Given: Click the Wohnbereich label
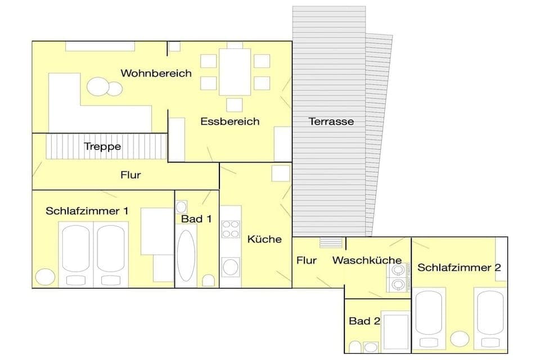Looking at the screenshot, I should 156,73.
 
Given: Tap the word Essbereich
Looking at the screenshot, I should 230,121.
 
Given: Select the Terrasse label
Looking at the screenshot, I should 331,121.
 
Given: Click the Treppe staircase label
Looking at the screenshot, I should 102,146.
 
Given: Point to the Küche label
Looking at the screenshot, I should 264,239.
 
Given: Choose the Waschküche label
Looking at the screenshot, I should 367,260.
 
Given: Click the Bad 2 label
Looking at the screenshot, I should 364,321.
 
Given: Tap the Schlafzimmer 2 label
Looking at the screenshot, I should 458,268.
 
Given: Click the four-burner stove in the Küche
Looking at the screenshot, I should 231,230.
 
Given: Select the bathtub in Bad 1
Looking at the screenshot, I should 186,255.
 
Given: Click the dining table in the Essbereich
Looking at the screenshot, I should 235,72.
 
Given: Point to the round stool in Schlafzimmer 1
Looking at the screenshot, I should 43,277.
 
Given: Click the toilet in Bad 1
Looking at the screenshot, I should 209,280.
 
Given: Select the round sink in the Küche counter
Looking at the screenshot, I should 230,266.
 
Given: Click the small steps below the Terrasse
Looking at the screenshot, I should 330,242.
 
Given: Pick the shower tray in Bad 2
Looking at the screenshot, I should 396,332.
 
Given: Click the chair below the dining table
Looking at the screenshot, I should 235,105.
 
